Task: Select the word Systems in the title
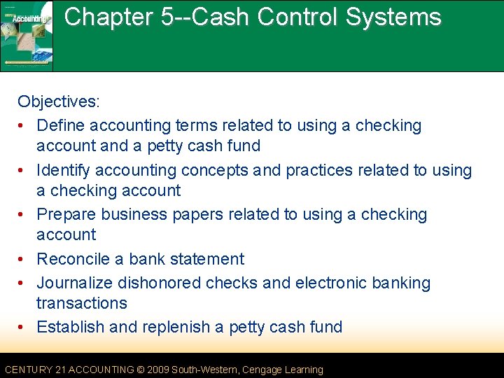pos(399,17)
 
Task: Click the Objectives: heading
pos(59,101)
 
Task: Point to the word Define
pos(61,126)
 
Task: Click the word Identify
pos(64,170)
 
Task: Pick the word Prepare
pos(66,215)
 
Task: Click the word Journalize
pos(75,283)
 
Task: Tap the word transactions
pos(82,303)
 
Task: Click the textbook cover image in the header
pos(27,36)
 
